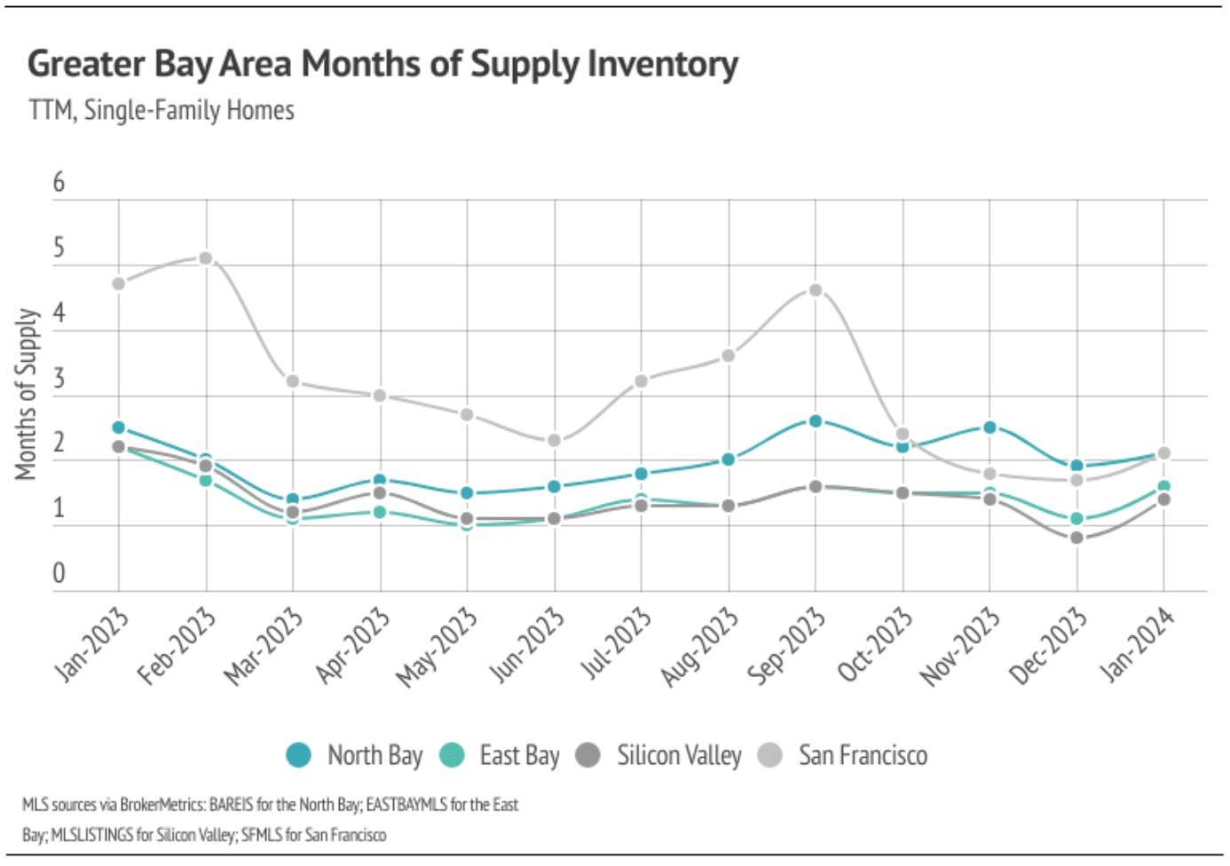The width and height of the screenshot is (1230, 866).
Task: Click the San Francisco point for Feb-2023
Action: [x=206, y=258]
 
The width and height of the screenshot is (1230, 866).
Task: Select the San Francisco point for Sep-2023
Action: [x=816, y=290]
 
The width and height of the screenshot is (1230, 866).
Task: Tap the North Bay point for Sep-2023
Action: [x=816, y=421]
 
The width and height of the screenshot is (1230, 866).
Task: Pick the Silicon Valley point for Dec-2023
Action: [x=1076, y=538]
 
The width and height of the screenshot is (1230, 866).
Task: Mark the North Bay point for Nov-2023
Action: [x=990, y=428]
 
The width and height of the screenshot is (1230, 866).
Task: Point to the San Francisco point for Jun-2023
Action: [x=555, y=440]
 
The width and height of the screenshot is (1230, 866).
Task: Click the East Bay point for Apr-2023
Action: [x=381, y=512]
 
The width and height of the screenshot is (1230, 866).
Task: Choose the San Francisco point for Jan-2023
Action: [x=119, y=284]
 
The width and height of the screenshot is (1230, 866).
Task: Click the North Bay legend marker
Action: [x=299, y=755]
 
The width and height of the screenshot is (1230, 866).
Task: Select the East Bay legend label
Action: [x=519, y=755]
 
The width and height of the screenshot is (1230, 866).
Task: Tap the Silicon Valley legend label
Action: [x=679, y=755]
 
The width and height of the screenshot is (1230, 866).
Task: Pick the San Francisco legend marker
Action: [x=770, y=755]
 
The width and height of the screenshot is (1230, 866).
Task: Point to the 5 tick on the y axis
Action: [x=59, y=248]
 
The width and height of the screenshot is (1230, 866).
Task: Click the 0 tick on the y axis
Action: [x=59, y=573]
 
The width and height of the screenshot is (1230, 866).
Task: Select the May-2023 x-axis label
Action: [x=436, y=649]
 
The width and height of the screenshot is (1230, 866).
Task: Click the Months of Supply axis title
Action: [x=27, y=394]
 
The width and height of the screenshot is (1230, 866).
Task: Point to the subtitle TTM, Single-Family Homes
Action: [x=162, y=110]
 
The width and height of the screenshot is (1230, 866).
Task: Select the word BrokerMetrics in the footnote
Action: [x=162, y=805]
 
